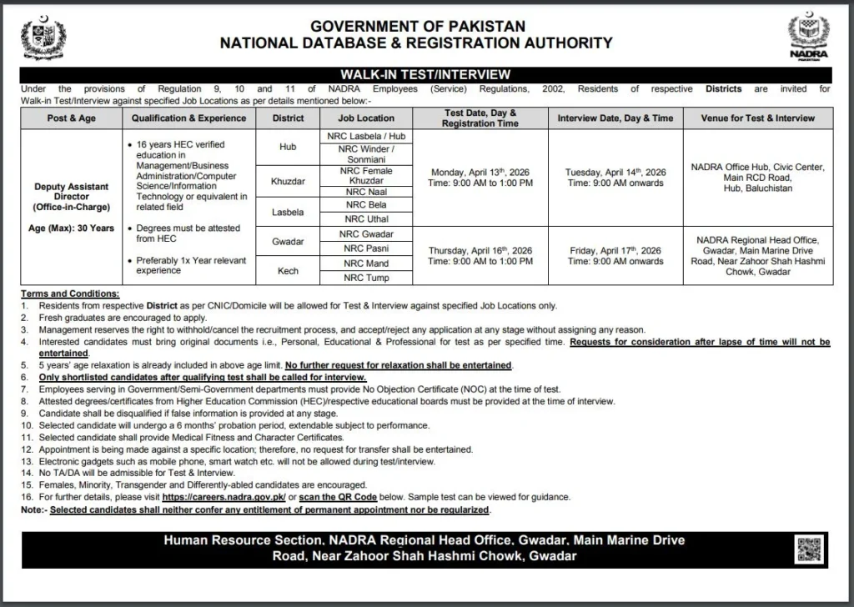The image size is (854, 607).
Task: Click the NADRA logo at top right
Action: coord(808,38)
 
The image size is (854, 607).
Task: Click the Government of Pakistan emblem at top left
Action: coord(43,38)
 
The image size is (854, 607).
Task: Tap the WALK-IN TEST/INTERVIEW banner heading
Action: coord(426,75)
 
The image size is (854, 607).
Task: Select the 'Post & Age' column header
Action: coord(72,118)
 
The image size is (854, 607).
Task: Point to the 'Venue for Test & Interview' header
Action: coord(758,118)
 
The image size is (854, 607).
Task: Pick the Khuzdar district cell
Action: coord(289,179)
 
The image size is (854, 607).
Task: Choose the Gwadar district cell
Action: coord(289,240)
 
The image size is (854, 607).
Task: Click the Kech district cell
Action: coord(289,270)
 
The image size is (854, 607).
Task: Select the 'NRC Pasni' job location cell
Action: coord(367,248)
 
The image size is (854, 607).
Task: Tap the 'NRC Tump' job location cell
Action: coord(367,278)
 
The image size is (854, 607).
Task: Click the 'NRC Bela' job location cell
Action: coord(367,204)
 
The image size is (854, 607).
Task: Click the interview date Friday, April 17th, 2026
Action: coord(615,249)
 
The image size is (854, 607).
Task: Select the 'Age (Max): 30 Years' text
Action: coord(72,228)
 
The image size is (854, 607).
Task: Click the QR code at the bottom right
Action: coord(808,551)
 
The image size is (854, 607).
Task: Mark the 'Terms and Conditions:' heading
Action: coord(71,294)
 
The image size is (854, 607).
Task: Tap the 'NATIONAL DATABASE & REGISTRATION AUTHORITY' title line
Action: coord(416,43)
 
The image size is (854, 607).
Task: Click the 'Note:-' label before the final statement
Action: coord(34,509)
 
